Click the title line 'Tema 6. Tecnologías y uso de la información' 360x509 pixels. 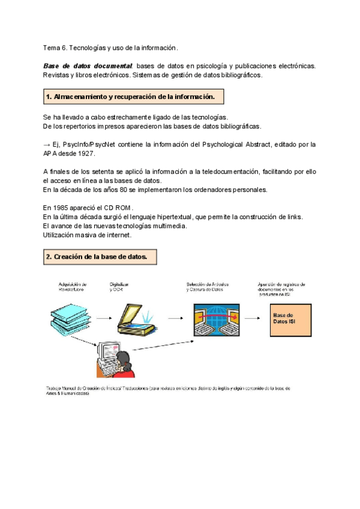pos(111,47)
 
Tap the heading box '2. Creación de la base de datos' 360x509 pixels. pos(101,257)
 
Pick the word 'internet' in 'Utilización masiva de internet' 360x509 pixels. pos(118,235)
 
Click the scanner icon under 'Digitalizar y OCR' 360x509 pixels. pos(135,317)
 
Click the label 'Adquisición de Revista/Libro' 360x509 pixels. pos(73,287)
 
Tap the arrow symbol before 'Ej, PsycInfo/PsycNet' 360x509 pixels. pos(47,145)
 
